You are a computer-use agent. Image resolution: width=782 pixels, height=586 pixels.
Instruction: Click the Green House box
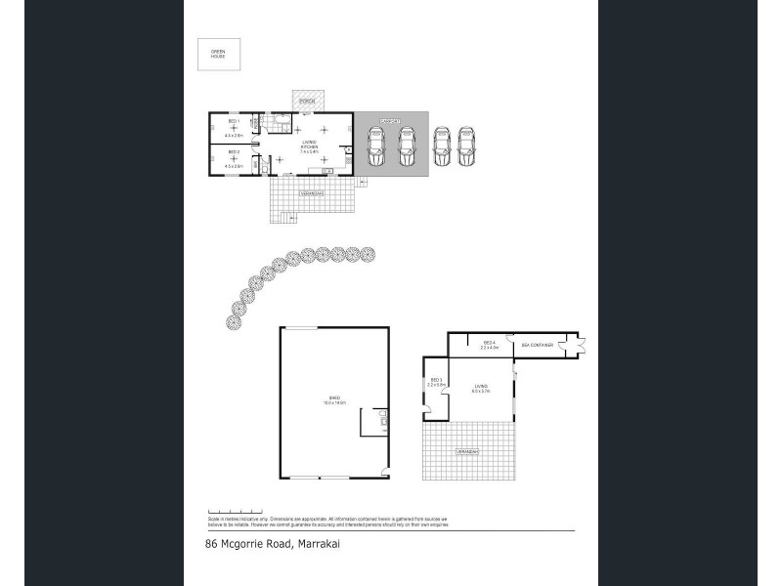pos(218,54)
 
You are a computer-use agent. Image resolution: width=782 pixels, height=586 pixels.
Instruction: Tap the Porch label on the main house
pos(307,101)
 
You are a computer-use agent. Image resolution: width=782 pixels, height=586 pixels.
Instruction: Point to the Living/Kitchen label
pos(309,146)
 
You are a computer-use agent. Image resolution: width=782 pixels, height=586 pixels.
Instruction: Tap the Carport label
pos(391,120)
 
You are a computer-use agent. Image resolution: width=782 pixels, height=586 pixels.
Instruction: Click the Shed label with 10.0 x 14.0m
pos(334,399)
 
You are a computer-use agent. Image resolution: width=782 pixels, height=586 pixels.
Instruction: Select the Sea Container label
pos(539,346)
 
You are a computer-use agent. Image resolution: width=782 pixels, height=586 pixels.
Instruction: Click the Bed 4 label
pos(490,344)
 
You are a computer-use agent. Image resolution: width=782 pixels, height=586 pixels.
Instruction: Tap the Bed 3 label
pos(435,382)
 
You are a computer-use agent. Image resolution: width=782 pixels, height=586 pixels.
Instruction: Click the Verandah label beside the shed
pos(468,452)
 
